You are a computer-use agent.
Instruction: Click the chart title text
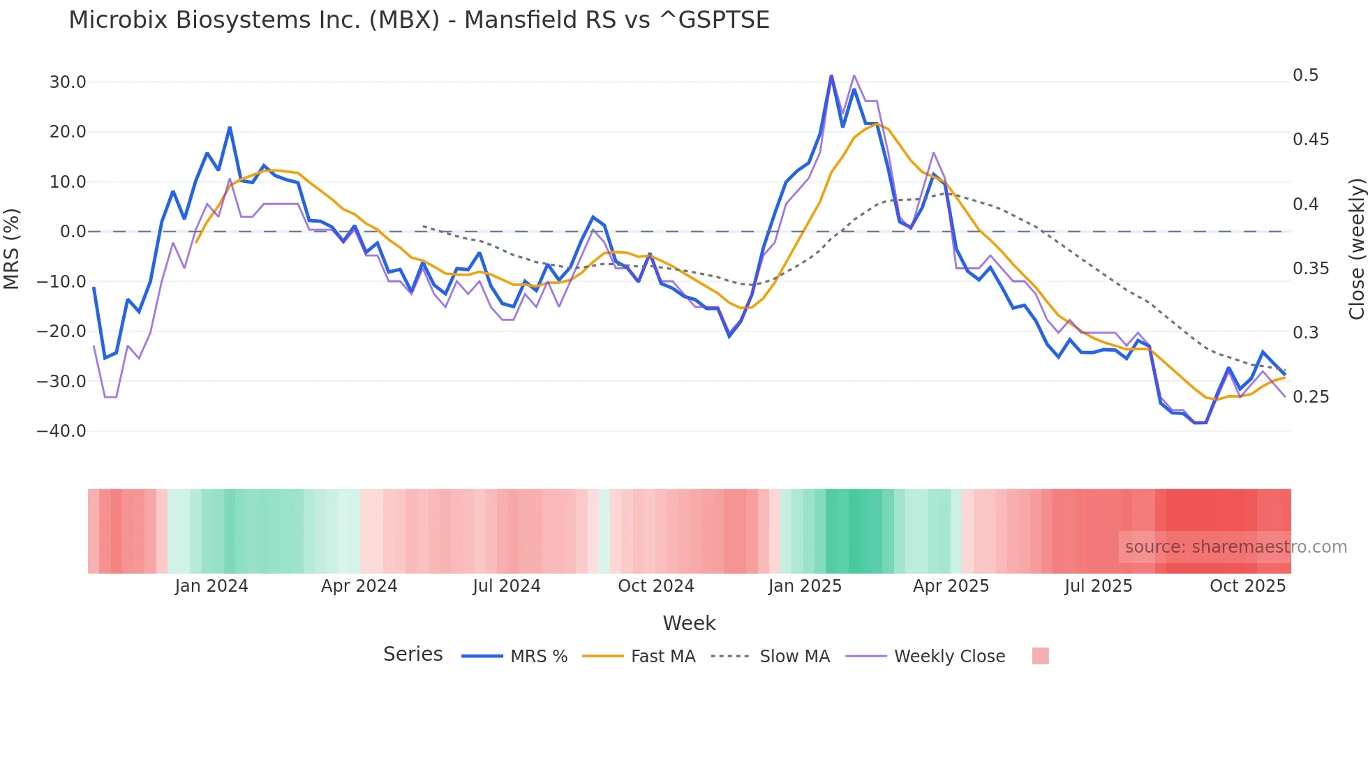419,20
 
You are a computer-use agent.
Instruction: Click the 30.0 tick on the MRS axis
68,82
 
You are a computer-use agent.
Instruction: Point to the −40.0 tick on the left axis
61,431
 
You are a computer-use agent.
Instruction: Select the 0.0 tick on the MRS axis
73,232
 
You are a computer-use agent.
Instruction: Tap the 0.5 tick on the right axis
1305,75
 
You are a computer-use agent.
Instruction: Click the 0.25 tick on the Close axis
1310,397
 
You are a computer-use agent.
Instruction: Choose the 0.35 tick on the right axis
1310,269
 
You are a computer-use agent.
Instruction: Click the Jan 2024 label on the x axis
211,586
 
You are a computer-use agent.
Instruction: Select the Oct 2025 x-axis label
1247,586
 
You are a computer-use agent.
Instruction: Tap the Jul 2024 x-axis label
507,586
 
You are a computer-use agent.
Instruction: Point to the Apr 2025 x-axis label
951,586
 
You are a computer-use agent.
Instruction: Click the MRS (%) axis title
12,248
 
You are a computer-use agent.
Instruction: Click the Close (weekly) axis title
1356,249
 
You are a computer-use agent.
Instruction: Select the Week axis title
689,623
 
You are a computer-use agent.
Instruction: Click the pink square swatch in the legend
1040,656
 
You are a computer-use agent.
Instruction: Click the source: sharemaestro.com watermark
1235,547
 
